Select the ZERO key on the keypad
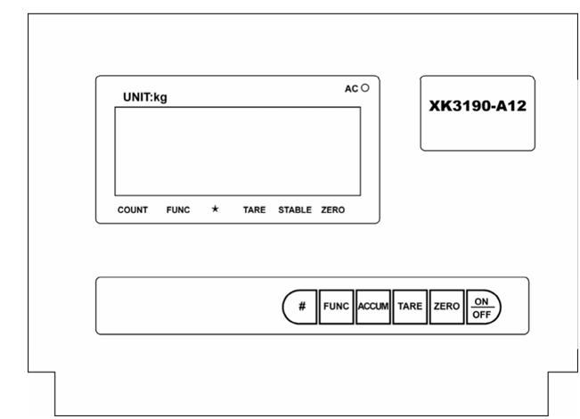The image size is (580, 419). tap(445, 306)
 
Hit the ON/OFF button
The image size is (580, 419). tap(482, 306)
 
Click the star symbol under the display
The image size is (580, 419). tap(215, 209)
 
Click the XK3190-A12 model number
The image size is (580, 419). tap(478, 104)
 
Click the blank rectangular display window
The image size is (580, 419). tap(237, 151)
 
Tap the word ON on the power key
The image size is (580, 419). tap(482, 300)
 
